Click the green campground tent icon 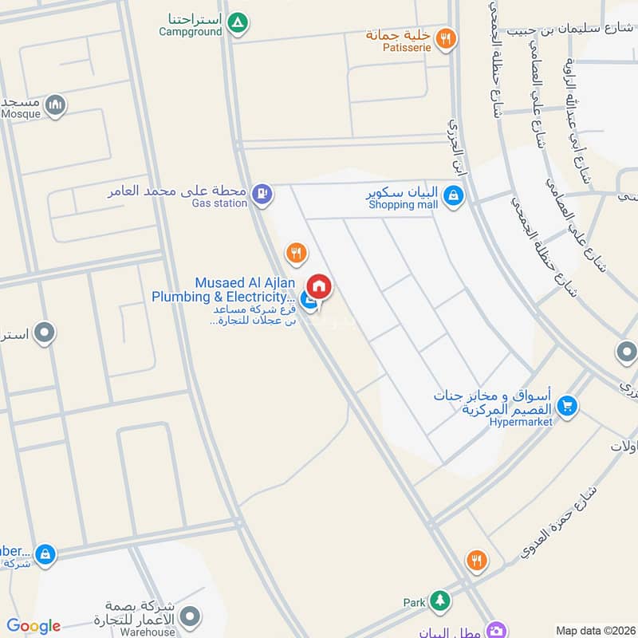[x=236, y=23]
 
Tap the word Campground [x=191, y=32]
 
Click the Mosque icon [x=55, y=104]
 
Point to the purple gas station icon [x=261, y=192]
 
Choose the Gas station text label [x=219, y=203]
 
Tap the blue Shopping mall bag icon [x=453, y=195]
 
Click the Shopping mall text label [x=403, y=205]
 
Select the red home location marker [x=319, y=286]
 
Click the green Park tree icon [x=438, y=601]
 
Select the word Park [x=414, y=603]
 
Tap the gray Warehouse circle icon [x=190, y=616]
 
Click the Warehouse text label [x=148, y=632]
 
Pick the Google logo [x=33, y=626]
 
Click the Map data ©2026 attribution [x=594, y=630]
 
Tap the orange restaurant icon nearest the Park [x=476, y=561]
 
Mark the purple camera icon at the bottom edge [x=498, y=630]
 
